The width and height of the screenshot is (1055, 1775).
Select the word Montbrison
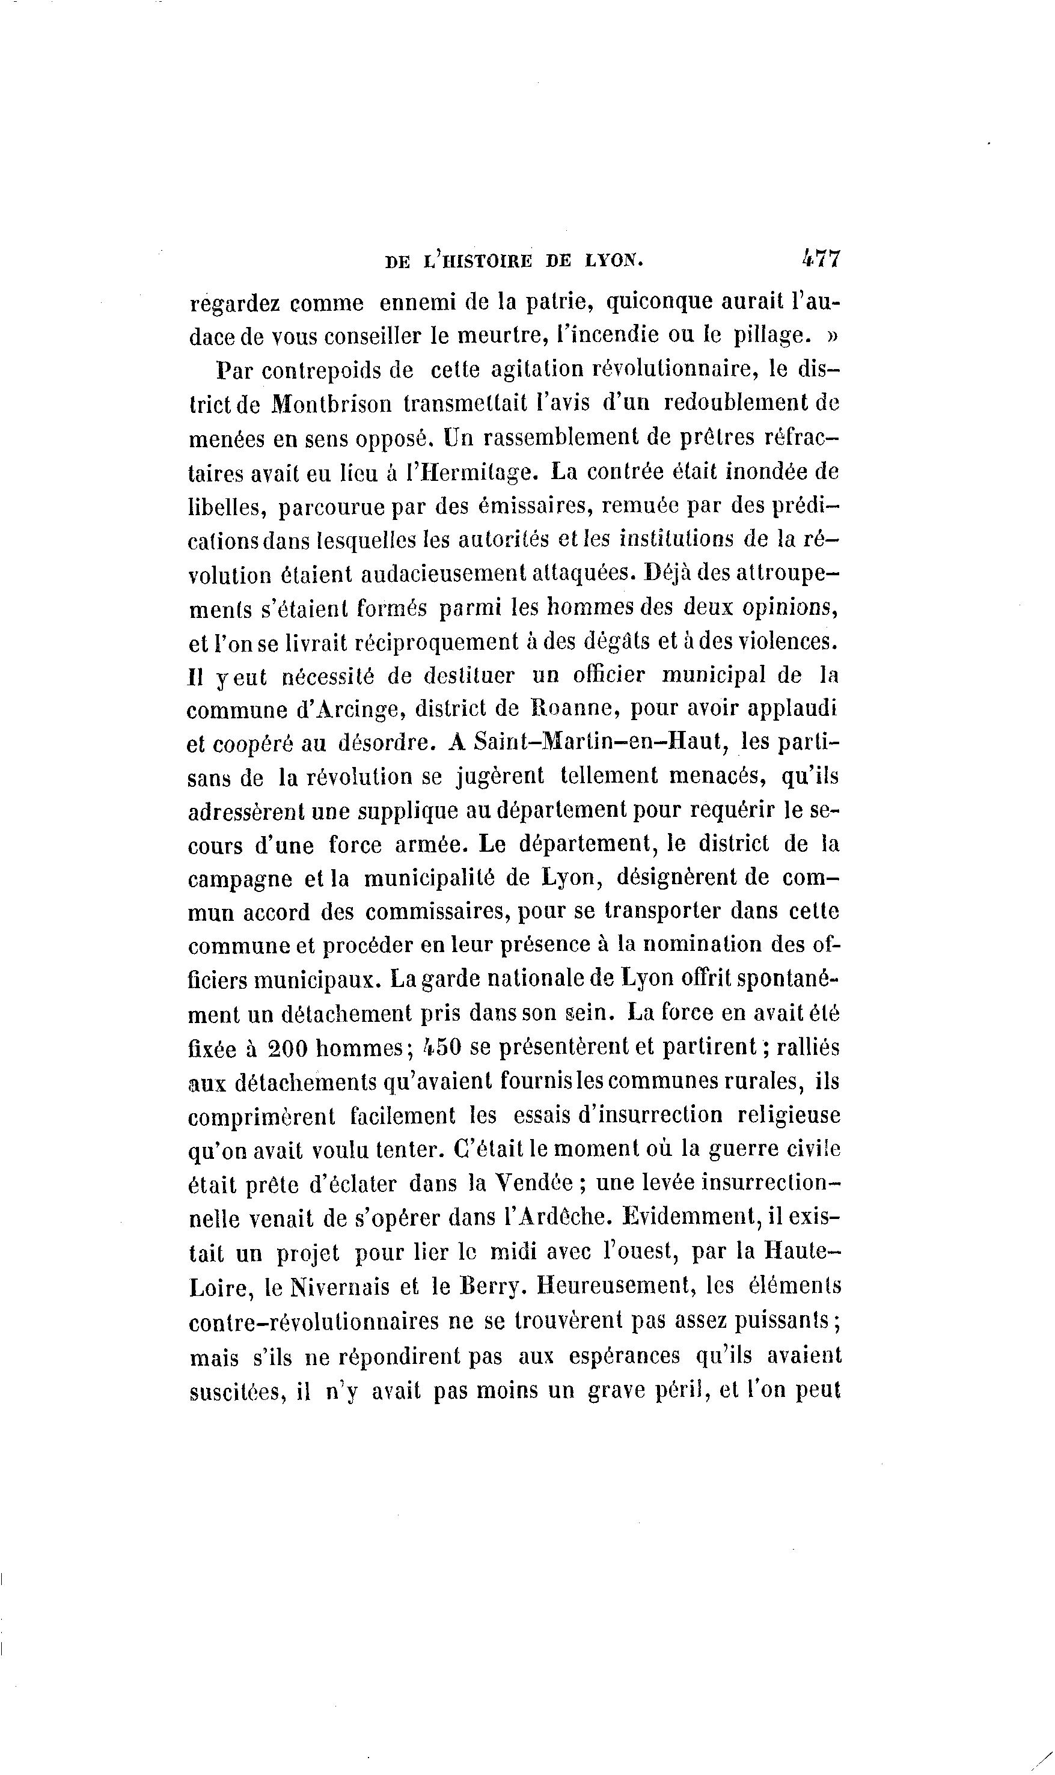point(332,405)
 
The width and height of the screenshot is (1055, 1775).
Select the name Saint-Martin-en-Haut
point(599,743)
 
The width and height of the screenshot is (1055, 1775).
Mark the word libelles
point(226,507)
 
